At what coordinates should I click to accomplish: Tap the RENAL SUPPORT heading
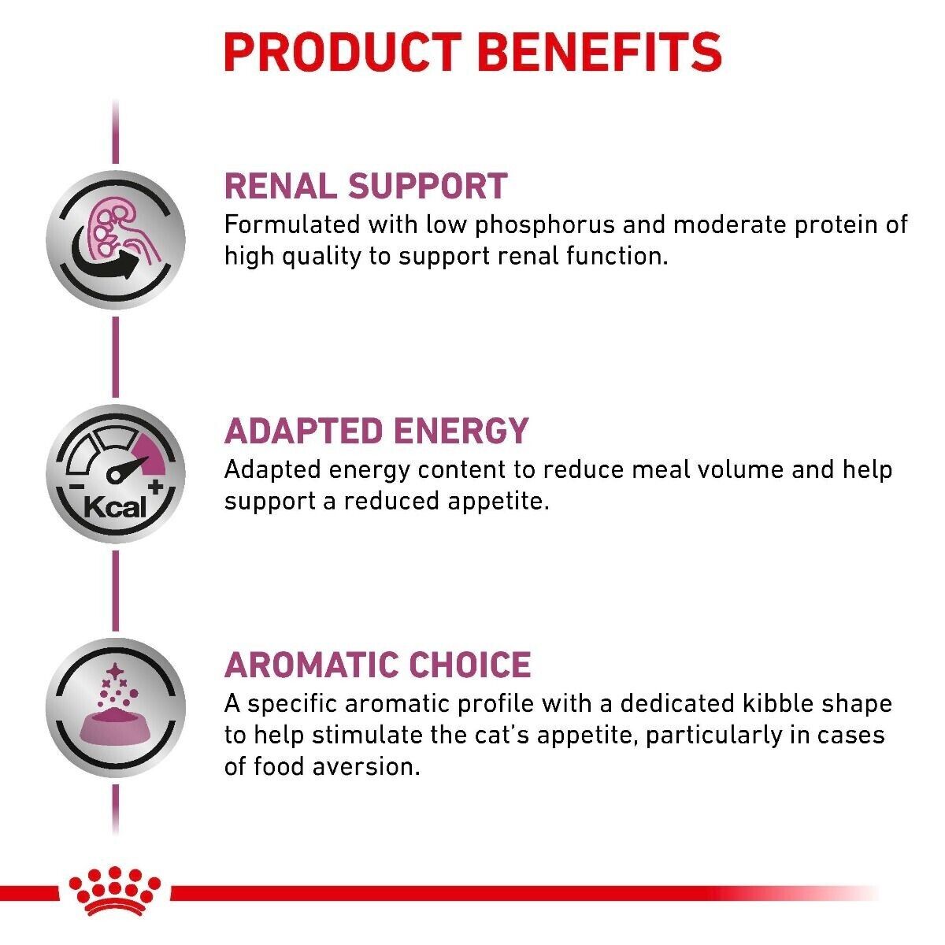pyautogui.click(x=365, y=186)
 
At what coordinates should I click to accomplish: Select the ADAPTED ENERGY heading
pyautogui.click(x=376, y=431)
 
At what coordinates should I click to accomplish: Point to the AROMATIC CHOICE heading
pyautogui.click(x=377, y=665)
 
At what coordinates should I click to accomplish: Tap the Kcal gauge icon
pyautogui.click(x=116, y=475)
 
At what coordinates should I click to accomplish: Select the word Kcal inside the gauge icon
pyautogui.click(x=115, y=505)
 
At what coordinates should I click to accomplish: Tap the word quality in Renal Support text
pyautogui.click(x=309, y=257)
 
